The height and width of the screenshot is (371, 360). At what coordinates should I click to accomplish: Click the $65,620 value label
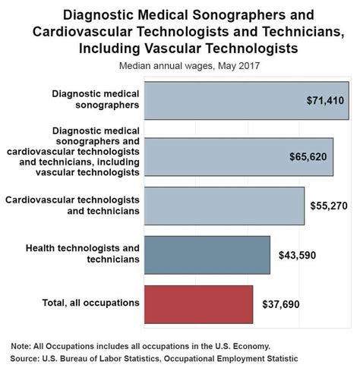tap(308, 157)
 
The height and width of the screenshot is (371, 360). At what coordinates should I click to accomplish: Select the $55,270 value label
tap(330, 206)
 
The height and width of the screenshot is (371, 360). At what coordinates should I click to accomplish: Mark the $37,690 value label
tap(279, 304)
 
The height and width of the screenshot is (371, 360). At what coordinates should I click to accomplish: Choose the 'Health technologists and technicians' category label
tap(83, 253)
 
